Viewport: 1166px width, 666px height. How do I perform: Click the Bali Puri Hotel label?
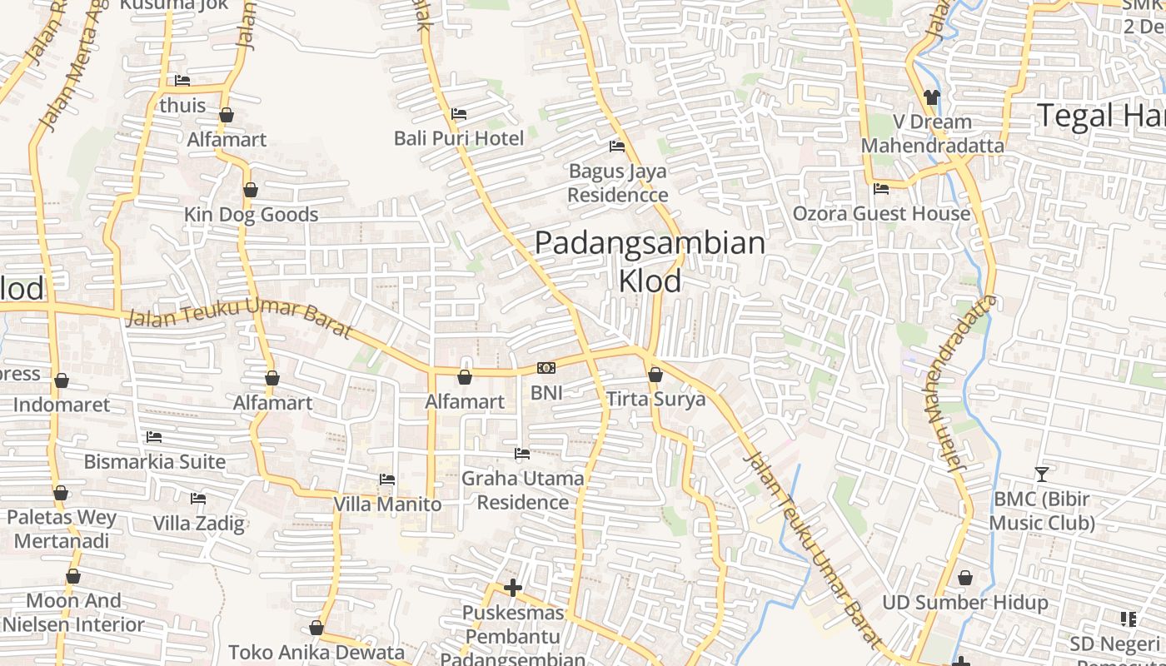459,138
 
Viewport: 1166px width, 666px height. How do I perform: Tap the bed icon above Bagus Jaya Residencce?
617,147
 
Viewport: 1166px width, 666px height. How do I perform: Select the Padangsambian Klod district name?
650,261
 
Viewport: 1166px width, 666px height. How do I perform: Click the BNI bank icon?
546,368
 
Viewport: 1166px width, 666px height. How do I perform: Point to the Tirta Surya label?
655,399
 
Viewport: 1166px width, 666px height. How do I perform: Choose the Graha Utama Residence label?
522,490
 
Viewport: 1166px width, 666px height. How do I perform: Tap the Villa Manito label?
387,504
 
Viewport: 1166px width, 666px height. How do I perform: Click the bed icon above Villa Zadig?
198,499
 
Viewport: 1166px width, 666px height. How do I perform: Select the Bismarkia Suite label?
155,461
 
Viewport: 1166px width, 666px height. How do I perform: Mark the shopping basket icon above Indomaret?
62,381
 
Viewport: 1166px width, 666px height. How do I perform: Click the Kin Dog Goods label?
251,215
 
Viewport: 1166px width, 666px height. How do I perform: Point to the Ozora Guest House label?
881,213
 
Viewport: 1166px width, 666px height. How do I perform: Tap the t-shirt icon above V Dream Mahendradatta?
932,97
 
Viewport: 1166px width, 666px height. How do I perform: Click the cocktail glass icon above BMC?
1041,475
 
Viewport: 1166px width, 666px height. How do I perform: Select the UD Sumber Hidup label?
964,602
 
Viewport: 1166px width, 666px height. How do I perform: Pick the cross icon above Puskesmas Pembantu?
513,588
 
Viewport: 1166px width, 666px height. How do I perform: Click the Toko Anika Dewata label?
316,652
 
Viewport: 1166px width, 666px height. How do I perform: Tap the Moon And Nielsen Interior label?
73,612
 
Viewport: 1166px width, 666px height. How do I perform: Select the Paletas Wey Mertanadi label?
62,529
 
